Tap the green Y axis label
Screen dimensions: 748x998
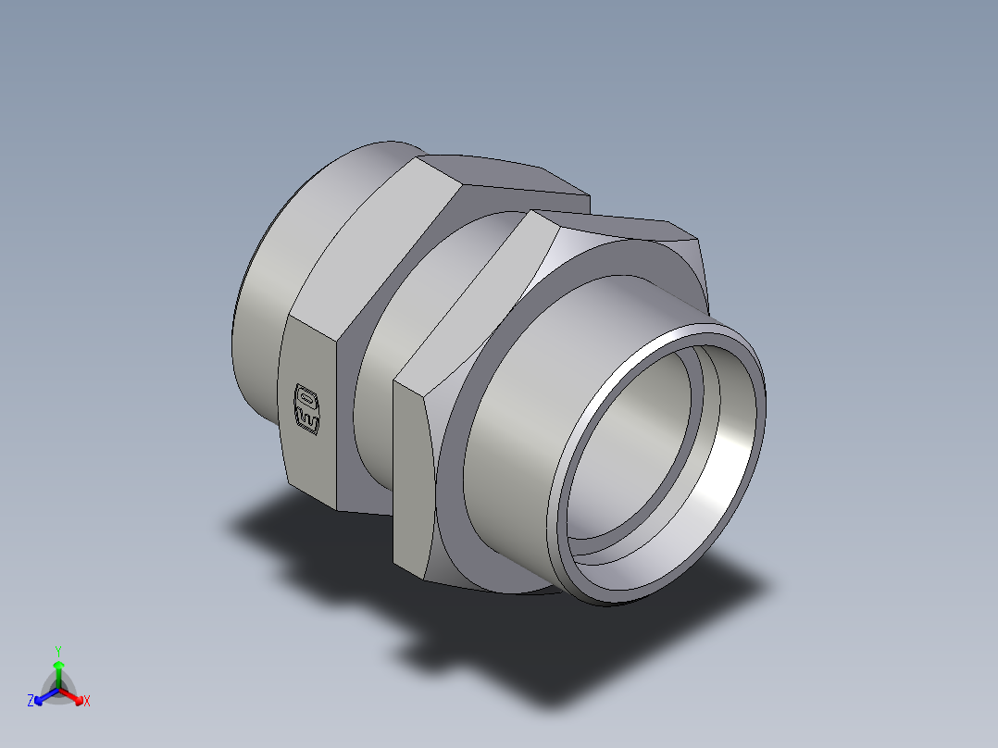pyautogui.click(x=57, y=650)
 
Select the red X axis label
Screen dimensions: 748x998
pyautogui.click(x=87, y=702)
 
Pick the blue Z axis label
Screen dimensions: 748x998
pyautogui.click(x=31, y=702)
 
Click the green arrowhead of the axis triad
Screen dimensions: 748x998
pyautogui.click(x=58, y=666)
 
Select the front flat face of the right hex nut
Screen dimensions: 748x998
pyautogui.click(x=413, y=481)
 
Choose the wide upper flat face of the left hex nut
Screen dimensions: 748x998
pyautogui.click(x=370, y=250)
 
